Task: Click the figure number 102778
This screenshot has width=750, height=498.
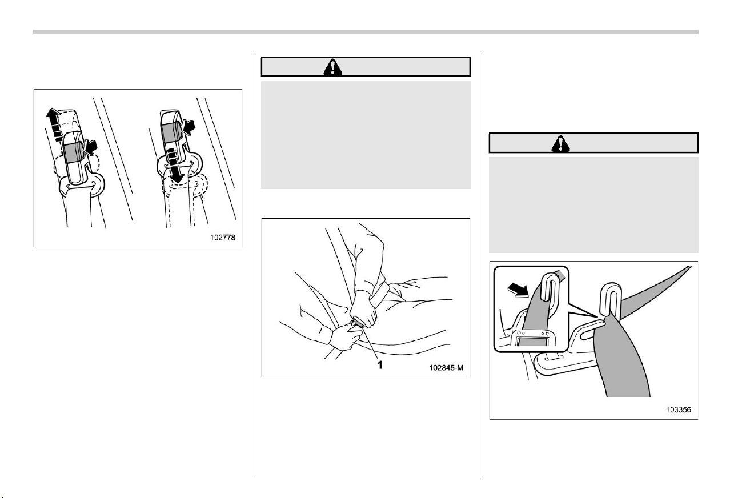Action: [223, 238]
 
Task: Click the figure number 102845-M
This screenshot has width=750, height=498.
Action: [446, 368]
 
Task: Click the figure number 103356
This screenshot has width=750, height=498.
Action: [679, 409]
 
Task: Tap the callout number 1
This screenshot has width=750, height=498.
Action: [380, 365]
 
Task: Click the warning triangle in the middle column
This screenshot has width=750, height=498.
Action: [332, 67]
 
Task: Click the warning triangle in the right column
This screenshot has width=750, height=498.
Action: [560, 144]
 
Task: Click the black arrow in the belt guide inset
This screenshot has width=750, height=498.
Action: [518, 290]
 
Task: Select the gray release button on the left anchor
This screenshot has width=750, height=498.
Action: [74, 153]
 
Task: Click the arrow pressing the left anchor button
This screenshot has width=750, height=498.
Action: [90, 147]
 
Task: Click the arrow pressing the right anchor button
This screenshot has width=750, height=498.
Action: [188, 127]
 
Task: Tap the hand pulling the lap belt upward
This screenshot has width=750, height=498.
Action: [364, 308]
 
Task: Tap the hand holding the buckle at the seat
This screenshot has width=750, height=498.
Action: [347, 338]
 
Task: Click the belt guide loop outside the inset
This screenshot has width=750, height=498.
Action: [611, 299]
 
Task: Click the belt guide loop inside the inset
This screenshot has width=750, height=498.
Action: [550, 287]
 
